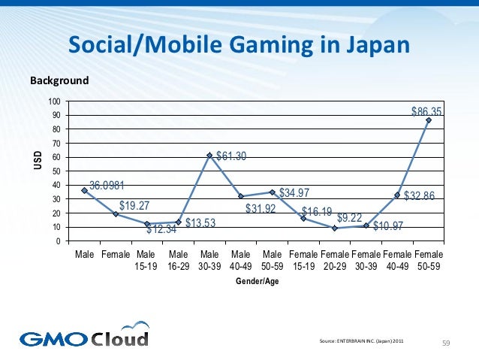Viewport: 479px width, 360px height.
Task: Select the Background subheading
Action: [x=59, y=80]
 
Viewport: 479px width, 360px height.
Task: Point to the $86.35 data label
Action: [x=426, y=111]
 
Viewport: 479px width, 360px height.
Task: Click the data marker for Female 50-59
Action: [x=429, y=120]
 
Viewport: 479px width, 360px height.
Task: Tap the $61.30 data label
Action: [x=231, y=157]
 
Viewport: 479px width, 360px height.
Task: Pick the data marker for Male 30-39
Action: [x=209, y=156]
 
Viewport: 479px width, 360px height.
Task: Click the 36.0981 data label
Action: [x=107, y=185]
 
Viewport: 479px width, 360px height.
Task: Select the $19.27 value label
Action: [x=135, y=205]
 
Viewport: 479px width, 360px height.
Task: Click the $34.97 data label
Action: [x=294, y=193]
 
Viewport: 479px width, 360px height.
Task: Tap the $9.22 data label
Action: [x=350, y=218]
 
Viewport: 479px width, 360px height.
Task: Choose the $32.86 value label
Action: [x=420, y=196]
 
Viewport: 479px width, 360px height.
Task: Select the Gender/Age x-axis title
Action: [x=257, y=281]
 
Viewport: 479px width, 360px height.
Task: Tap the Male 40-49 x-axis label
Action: [x=241, y=261]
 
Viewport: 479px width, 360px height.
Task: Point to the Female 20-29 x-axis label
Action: [x=335, y=261]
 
